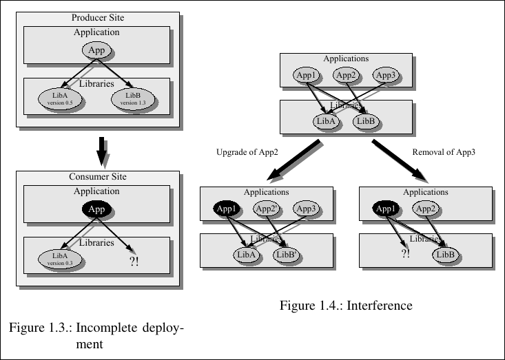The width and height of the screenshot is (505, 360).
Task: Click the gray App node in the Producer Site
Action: (x=96, y=50)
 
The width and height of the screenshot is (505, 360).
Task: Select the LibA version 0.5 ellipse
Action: (x=60, y=98)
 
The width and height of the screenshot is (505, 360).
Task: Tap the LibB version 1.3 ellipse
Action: (x=134, y=99)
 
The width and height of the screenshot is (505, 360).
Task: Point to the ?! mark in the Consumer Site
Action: (x=134, y=261)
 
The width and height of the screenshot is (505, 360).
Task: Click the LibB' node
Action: (x=286, y=255)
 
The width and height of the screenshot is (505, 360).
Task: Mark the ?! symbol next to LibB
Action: (x=405, y=254)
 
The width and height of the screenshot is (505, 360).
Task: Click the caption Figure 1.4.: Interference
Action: (x=346, y=306)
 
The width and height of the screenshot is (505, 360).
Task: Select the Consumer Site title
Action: (x=97, y=177)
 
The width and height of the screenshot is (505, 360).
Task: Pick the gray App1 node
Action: (x=305, y=75)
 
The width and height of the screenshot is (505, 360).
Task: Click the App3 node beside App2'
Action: (x=306, y=209)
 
